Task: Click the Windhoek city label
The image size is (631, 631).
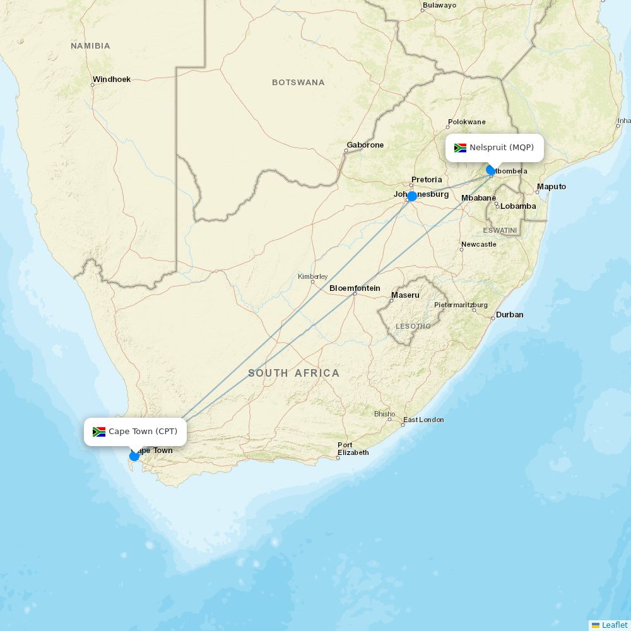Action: [111, 80]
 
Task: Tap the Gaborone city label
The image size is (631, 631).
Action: [365, 145]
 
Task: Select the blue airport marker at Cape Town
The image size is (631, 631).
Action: [134, 456]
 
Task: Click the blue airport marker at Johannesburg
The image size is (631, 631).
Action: [412, 196]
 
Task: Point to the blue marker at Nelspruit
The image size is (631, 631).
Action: [491, 170]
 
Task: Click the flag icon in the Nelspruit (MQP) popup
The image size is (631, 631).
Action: [460, 148]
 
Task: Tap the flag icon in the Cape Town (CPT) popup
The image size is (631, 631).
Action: [99, 432]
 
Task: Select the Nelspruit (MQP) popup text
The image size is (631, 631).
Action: [502, 148]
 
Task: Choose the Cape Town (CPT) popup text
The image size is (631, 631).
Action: [143, 432]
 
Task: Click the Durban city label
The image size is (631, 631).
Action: [509, 315]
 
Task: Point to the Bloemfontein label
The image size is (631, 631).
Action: [355, 288]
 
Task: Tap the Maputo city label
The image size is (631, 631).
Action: [551, 187]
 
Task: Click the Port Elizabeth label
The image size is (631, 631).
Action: [353, 449]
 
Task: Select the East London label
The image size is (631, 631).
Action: [423, 420]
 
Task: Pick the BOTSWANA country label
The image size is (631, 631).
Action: [298, 83]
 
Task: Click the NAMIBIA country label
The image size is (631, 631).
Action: [90, 46]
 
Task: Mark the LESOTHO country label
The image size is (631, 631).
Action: [413, 326]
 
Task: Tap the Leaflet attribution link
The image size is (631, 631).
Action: [614, 625]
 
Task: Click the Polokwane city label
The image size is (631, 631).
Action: [466, 122]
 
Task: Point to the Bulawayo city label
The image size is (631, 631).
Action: [439, 5]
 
